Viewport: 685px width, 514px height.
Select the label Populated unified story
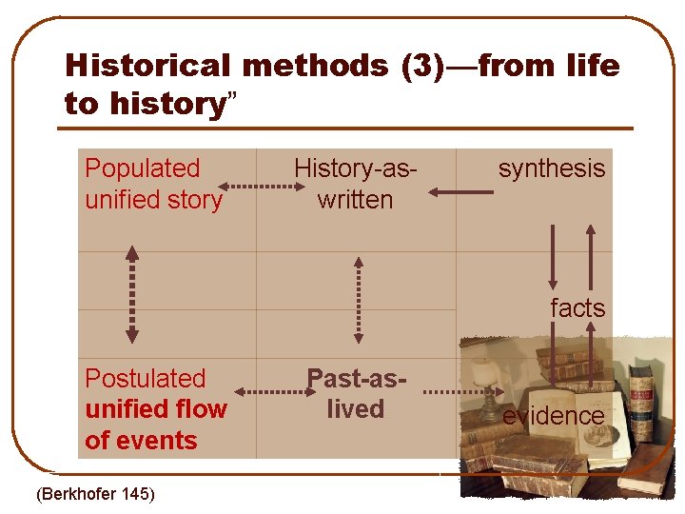pyautogui.click(x=153, y=184)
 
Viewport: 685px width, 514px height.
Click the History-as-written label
pyautogui.click(x=356, y=184)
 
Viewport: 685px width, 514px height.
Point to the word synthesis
pyautogui.click(x=552, y=168)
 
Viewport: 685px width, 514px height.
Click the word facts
pyautogui.click(x=577, y=308)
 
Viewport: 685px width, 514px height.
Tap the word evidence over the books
pyautogui.click(x=553, y=416)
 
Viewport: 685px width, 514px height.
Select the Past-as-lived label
pyautogui.click(x=356, y=393)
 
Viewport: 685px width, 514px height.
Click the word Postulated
pyautogui.click(x=145, y=378)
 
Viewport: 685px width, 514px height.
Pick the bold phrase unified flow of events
pyautogui.click(x=156, y=425)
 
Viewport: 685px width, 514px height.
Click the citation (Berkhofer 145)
pyautogui.click(x=95, y=493)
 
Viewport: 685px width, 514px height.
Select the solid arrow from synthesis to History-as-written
pyautogui.click(x=460, y=192)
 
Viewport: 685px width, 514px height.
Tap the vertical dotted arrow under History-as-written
pyautogui.click(x=358, y=298)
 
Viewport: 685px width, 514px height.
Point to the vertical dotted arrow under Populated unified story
pyautogui.click(x=132, y=295)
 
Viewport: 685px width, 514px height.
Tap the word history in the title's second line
pyautogui.click(x=165, y=103)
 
